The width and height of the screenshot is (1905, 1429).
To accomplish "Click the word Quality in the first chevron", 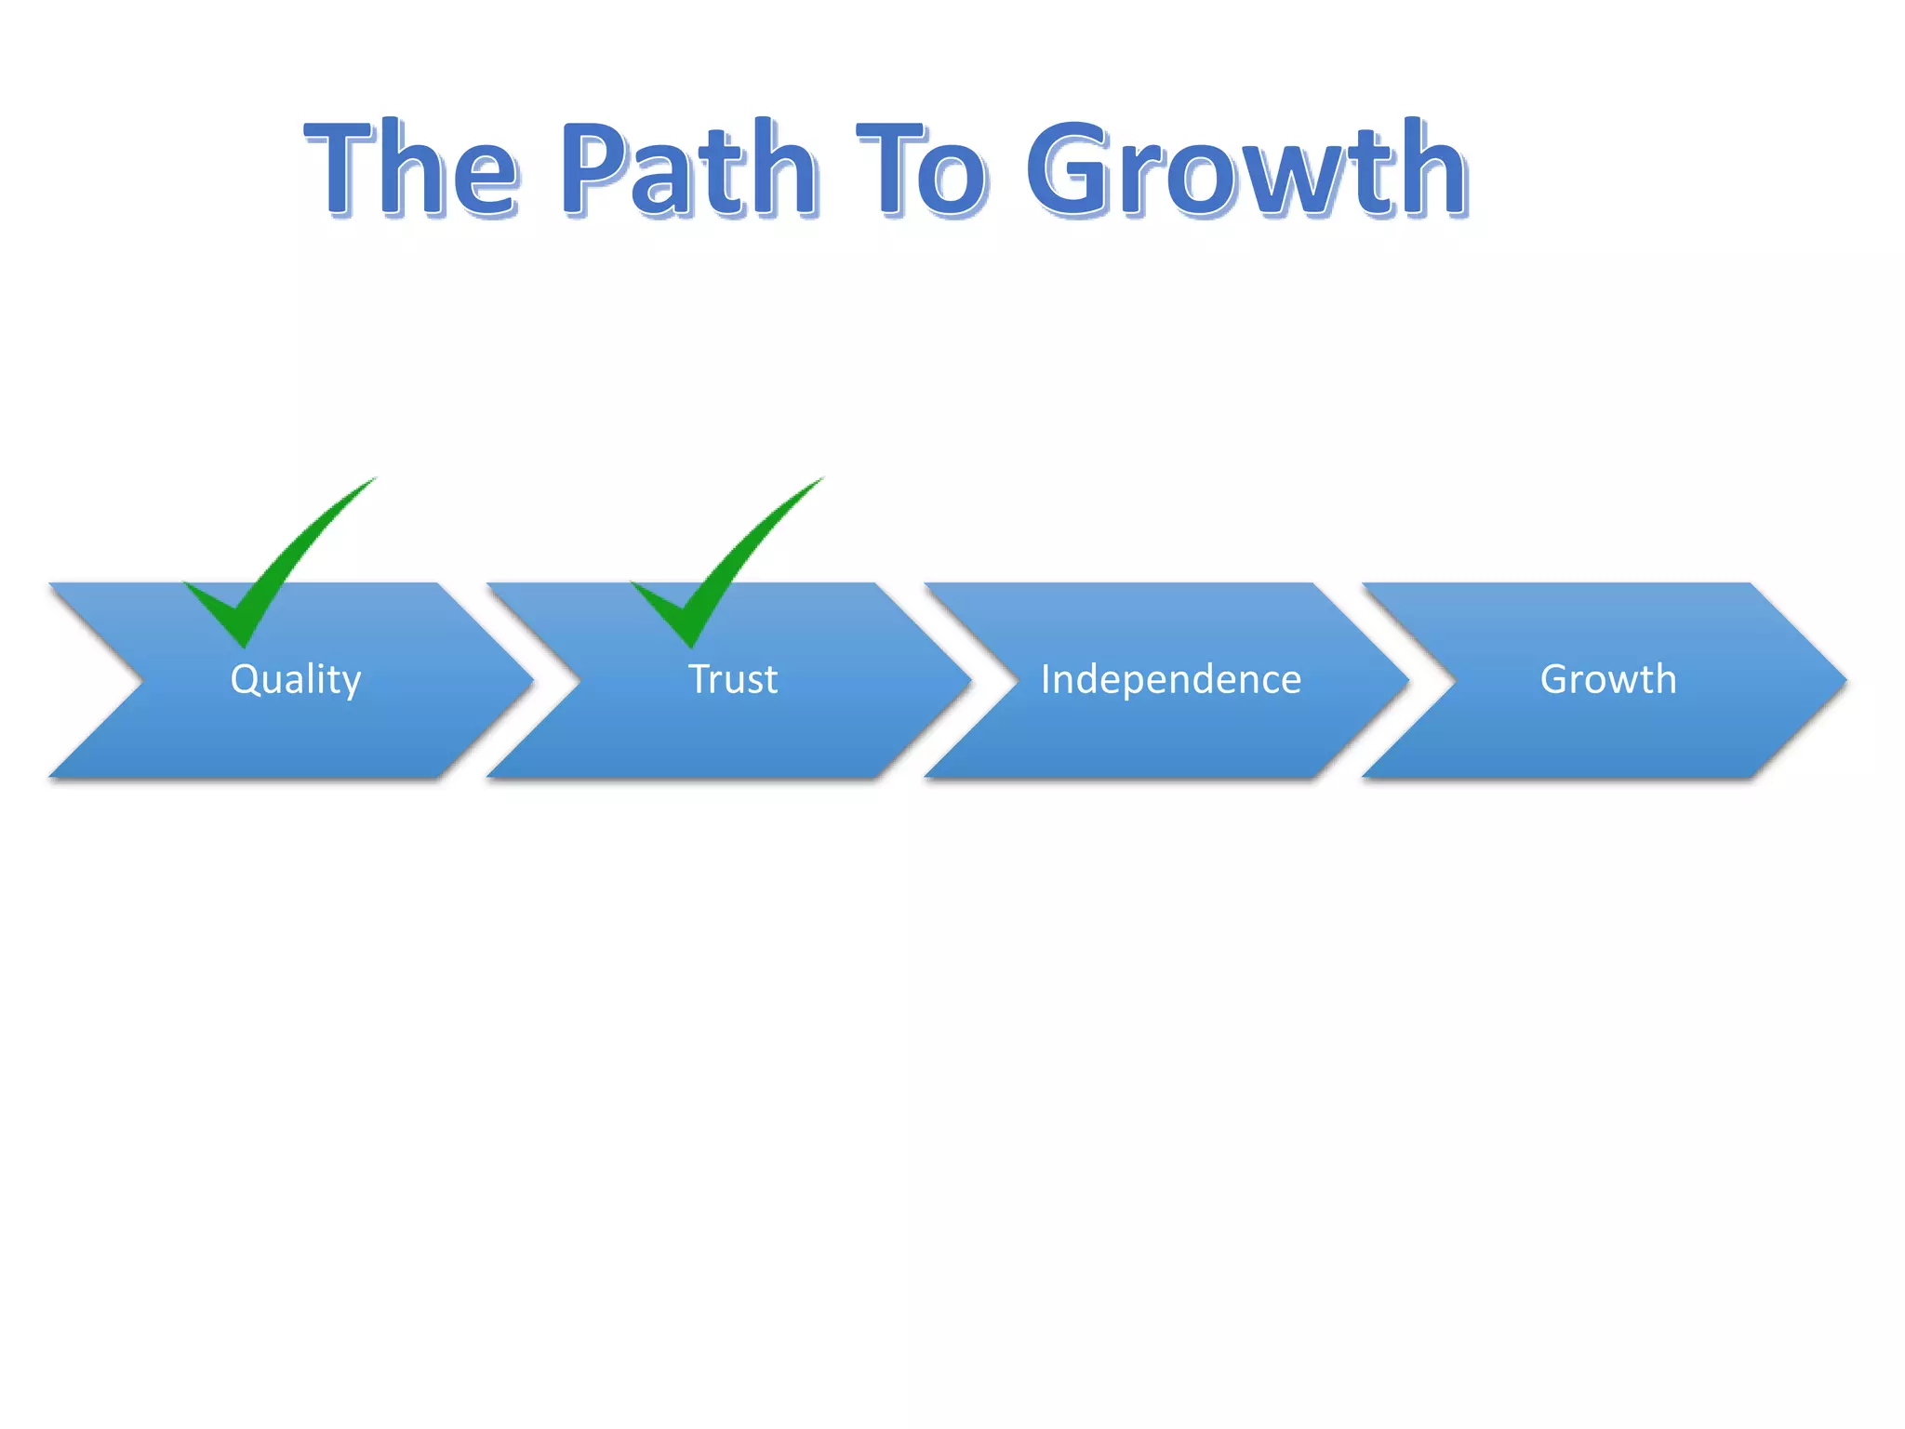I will pos(296,679).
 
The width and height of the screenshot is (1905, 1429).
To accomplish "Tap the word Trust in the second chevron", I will pos(733,679).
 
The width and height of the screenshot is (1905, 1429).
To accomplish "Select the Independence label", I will pos(1170,679).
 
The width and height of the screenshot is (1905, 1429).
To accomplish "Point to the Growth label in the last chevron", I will pos(1608,679).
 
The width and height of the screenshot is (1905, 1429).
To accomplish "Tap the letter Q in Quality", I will pos(245,679).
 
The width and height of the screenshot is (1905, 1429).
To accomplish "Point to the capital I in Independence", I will pos(1045,679).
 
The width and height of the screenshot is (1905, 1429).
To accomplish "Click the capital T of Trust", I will pos(699,679).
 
